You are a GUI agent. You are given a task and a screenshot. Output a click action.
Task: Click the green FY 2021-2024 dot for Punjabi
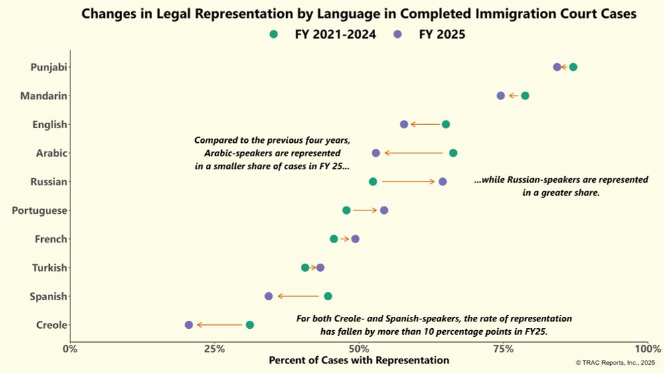pyautogui.click(x=573, y=67)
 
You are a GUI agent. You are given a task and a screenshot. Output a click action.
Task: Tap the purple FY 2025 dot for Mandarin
pyautogui.click(x=501, y=96)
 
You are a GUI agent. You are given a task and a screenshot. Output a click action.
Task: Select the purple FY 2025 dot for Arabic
pyautogui.click(x=376, y=153)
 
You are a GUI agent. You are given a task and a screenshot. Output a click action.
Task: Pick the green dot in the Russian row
pyautogui.click(x=373, y=181)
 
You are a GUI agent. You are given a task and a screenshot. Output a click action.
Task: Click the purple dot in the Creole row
pyautogui.click(x=189, y=325)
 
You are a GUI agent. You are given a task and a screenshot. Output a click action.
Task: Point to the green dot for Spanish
pyautogui.click(x=327, y=296)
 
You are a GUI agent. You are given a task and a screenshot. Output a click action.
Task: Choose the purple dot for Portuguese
pyautogui.click(x=384, y=211)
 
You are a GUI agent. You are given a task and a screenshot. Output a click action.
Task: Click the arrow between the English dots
pyautogui.click(x=425, y=124)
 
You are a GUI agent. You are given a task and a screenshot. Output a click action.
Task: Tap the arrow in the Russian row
pyautogui.click(x=408, y=181)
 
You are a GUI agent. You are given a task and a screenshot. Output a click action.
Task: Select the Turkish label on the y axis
pyautogui.click(x=49, y=268)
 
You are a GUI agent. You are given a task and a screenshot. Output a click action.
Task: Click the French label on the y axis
pyautogui.click(x=50, y=239)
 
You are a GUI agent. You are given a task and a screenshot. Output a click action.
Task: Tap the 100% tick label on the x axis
pyautogui.click(x=648, y=348)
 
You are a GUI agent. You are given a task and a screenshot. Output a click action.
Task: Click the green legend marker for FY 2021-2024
pyautogui.click(x=274, y=35)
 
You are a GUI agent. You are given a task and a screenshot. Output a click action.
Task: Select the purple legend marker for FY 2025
pyautogui.click(x=396, y=35)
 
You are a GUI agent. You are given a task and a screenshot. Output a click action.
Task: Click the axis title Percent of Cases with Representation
pyautogui.click(x=359, y=361)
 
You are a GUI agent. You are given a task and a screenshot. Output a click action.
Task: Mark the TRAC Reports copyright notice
pyautogui.click(x=615, y=363)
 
